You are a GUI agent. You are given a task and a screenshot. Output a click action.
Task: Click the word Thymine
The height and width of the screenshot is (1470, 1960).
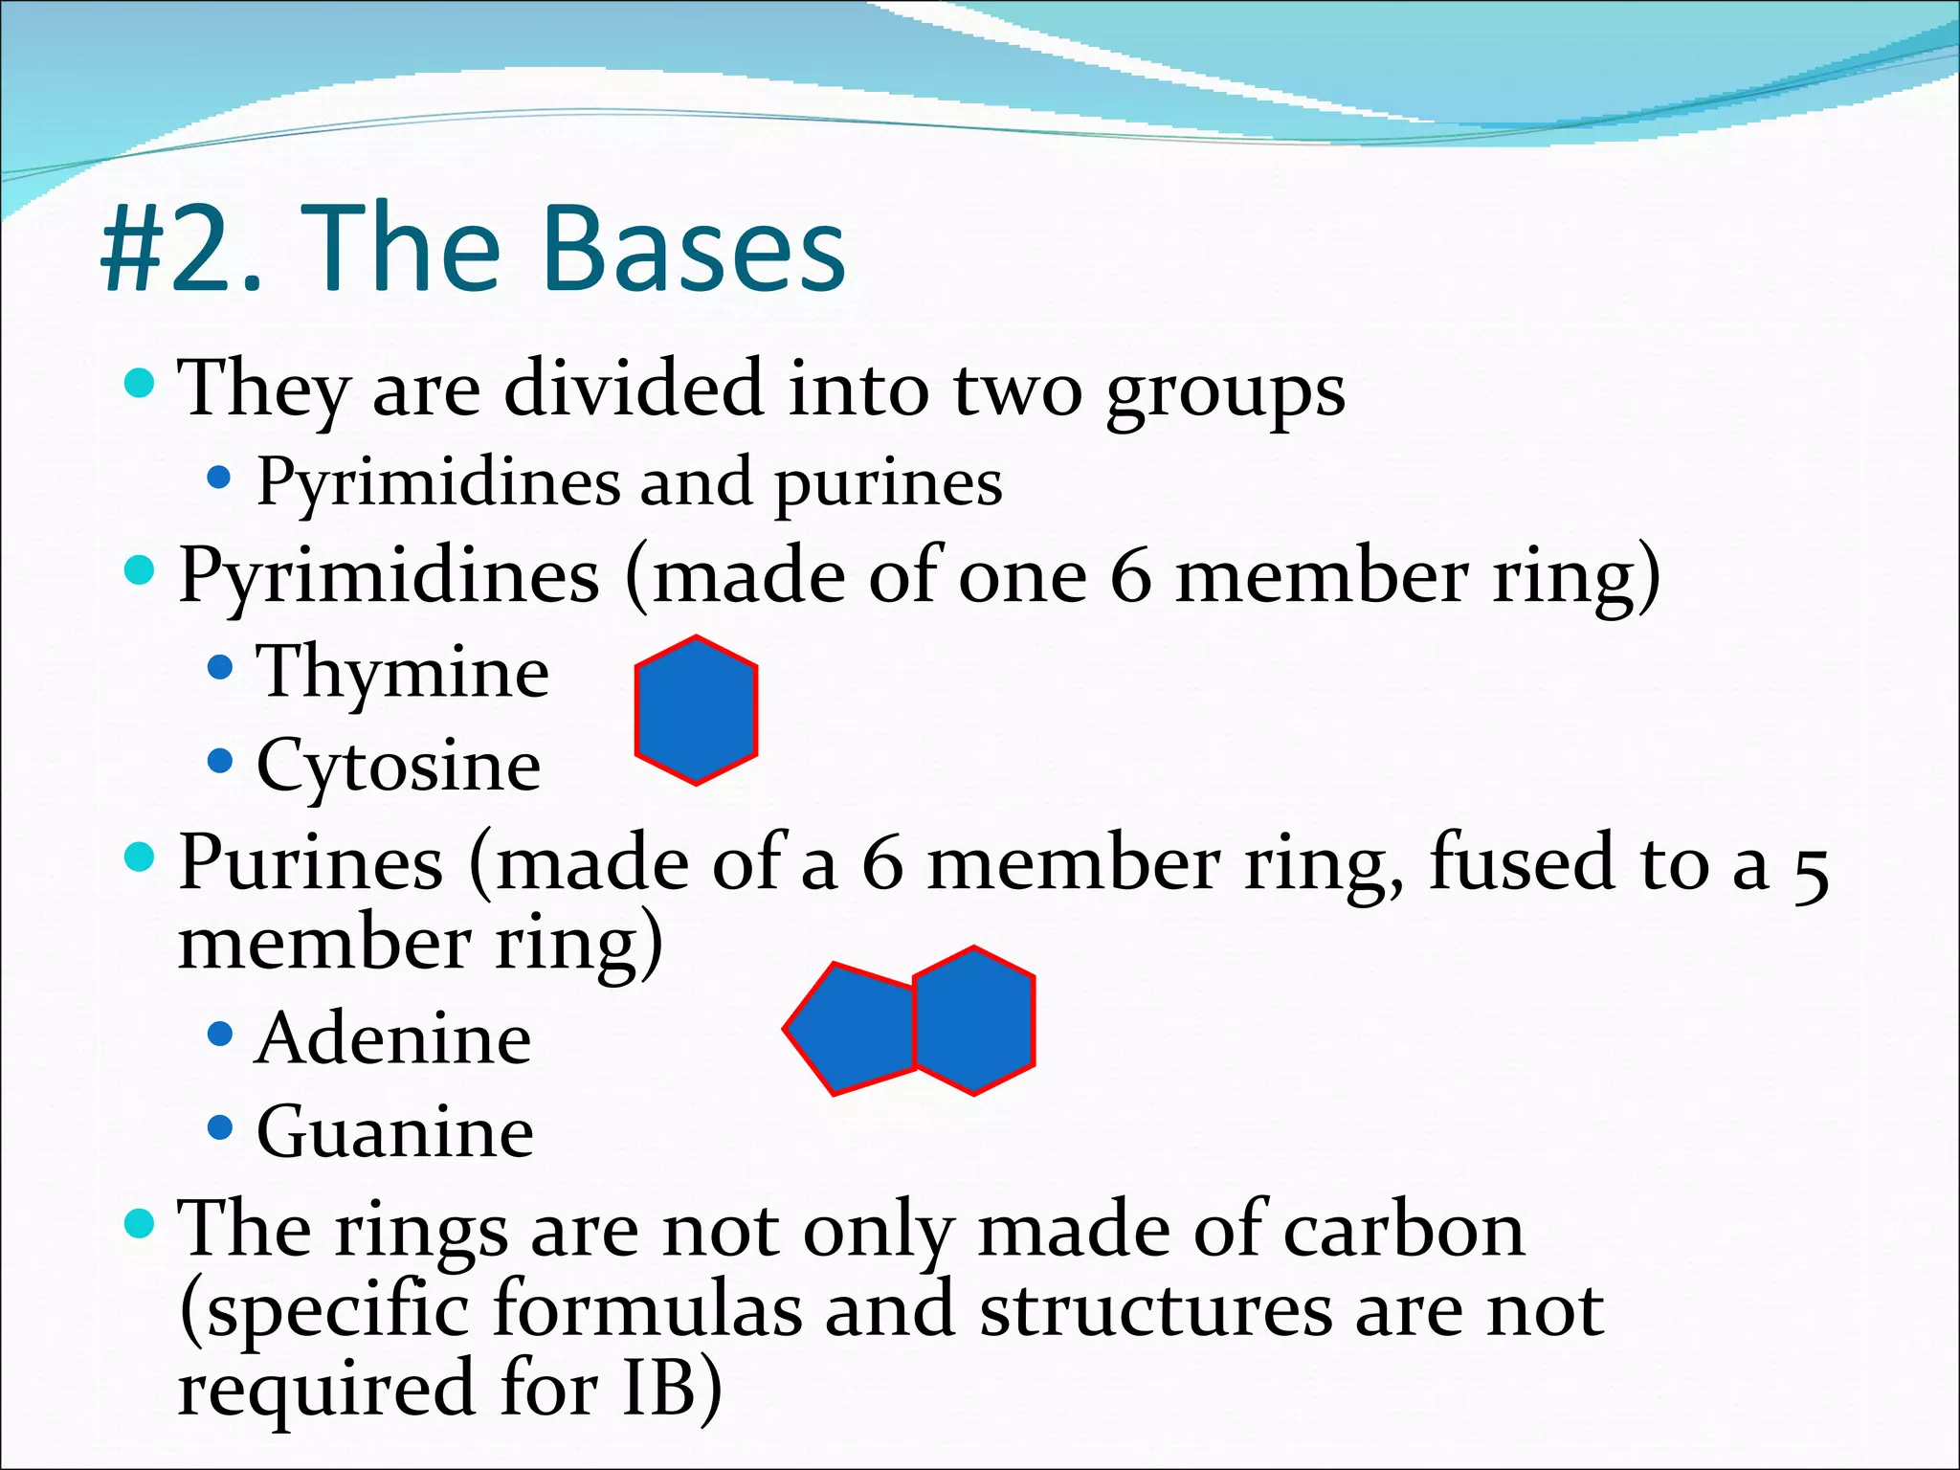[x=403, y=673]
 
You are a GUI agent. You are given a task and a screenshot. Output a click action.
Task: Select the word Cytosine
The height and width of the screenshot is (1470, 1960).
[x=398, y=767]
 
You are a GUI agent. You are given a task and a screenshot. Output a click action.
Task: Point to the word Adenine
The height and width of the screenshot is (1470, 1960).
[x=393, y=1039]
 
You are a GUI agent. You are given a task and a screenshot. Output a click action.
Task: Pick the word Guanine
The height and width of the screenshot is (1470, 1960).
[x=395, y=1133]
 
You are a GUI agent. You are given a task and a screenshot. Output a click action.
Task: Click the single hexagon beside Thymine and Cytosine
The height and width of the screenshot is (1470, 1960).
[x=696, y=710]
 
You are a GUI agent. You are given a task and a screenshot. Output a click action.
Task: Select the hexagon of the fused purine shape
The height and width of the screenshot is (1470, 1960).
[x=974, y=1020]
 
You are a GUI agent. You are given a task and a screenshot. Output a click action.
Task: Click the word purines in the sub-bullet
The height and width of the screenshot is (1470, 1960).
[x=888, y=483]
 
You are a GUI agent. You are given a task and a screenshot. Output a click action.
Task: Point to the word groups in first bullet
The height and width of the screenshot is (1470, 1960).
[x=1225, y=390]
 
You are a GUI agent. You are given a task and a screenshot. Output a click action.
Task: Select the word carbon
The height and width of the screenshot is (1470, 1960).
[x=1403, y=1232]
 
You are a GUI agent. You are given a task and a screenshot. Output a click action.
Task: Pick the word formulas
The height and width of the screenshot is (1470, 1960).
[x=647, y=1310]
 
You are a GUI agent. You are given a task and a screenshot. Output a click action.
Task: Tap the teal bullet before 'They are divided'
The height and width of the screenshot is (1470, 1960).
[x=140, y=385]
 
